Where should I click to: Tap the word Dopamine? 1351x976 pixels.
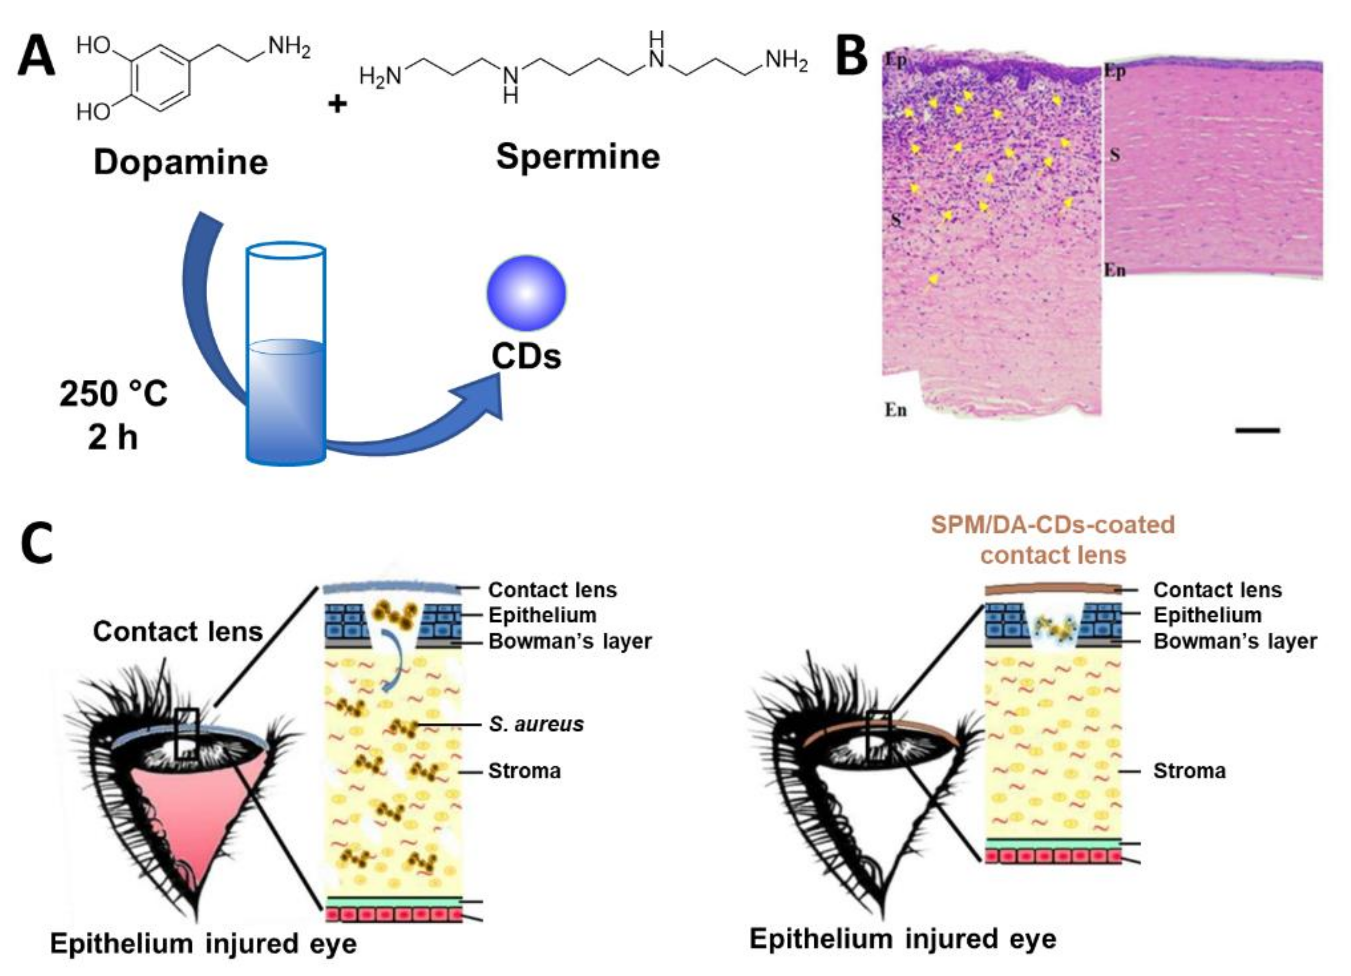(x=180, y=162)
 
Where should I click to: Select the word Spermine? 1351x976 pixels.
(x=578, y=156)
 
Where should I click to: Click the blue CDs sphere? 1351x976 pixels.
(x=526, y=293)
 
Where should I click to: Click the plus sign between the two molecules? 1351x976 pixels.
(x=338, y=105)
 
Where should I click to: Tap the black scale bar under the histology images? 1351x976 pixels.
(x=1257, y=430)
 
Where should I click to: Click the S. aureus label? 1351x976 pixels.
(x=536, y=724)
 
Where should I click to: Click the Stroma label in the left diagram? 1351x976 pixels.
(x=524, y=771)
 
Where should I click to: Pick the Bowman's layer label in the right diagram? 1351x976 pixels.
(x=1235, y=642)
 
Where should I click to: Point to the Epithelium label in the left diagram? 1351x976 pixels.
(x=542, y=615)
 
